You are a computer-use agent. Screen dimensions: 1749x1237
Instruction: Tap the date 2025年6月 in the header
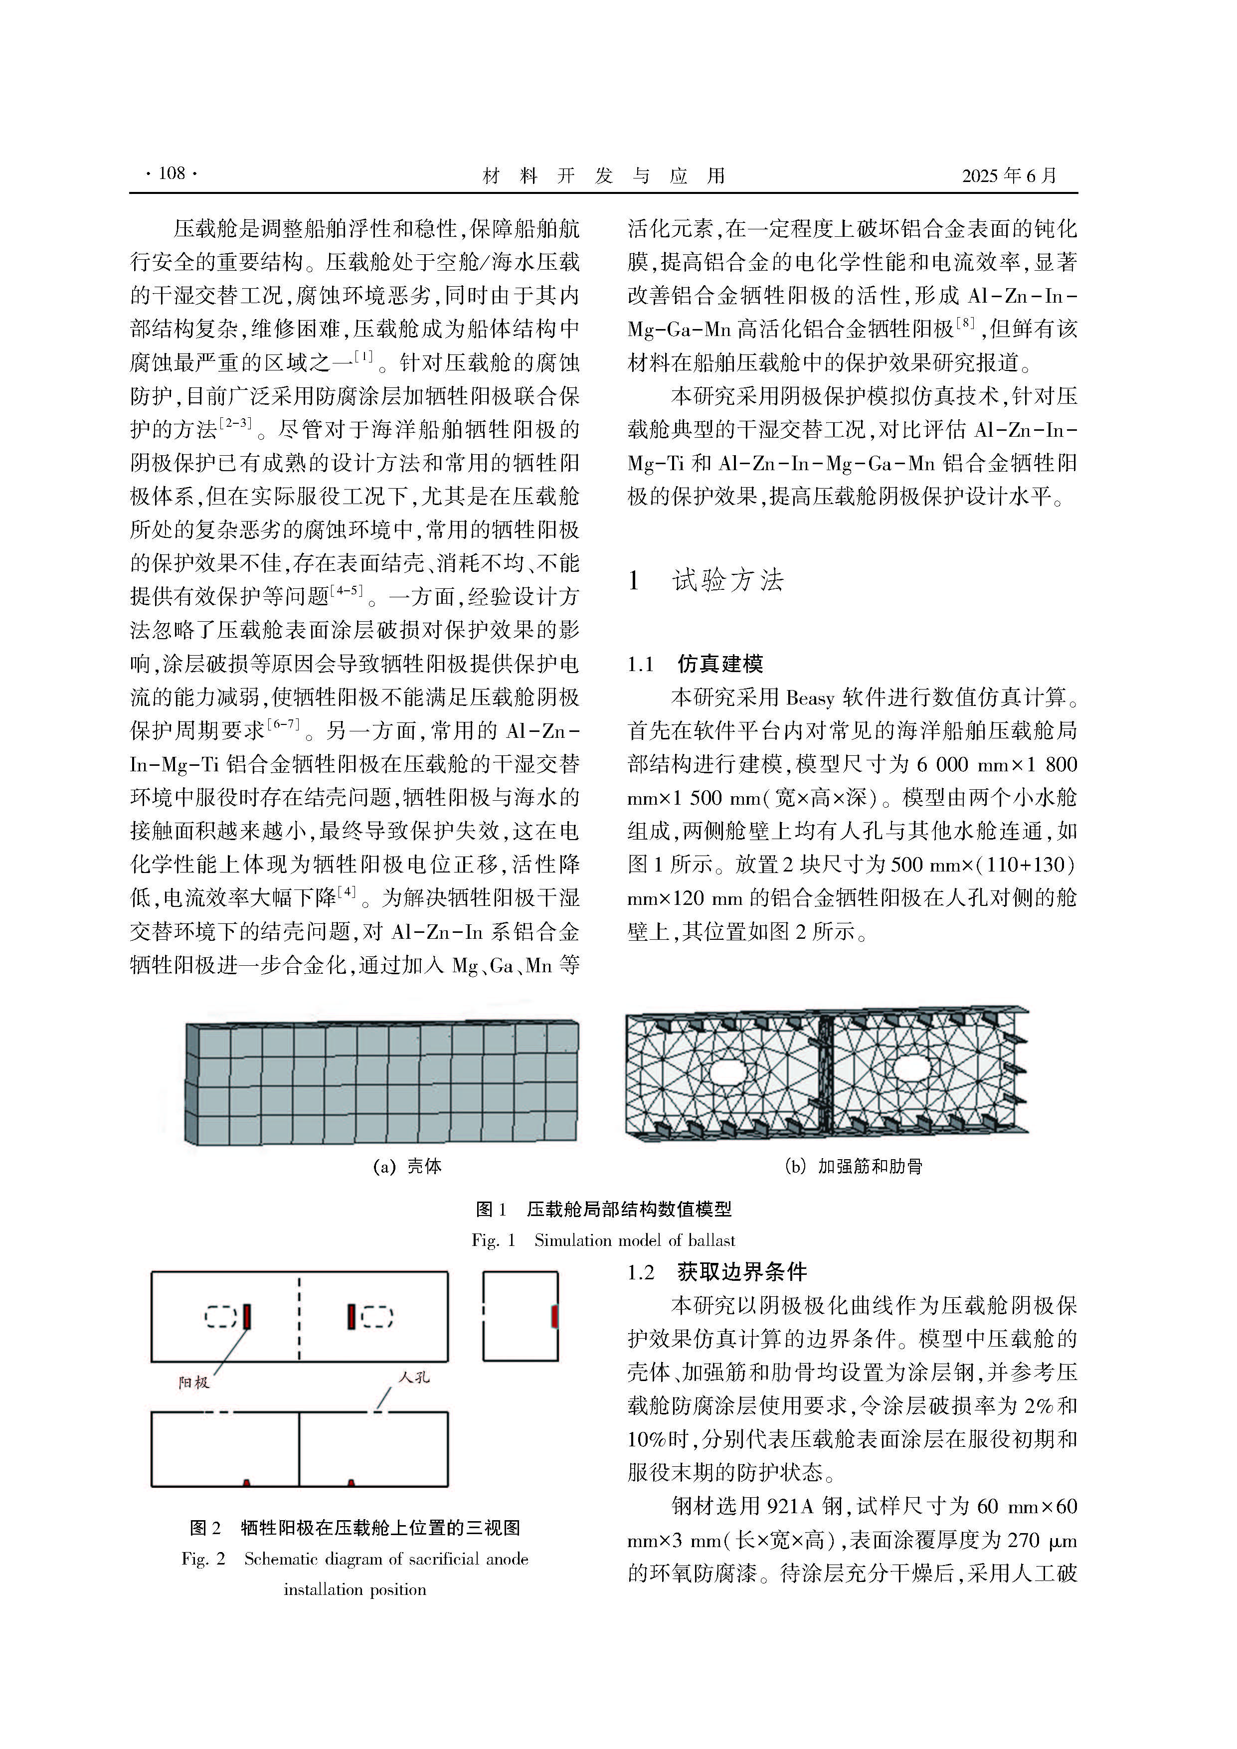pyautogui.click(x=1009, y=176)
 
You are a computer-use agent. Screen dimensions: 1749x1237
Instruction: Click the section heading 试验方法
pyautogui.click(x=727, y=580)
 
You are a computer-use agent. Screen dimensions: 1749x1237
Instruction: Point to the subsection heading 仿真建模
pyautogui.click(x=720, y=664)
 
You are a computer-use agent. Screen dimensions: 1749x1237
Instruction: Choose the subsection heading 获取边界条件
pyautogui.click(x=741, y=1271)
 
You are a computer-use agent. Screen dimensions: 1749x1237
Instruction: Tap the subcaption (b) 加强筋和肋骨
pyautogui.click(x=853, y=1166)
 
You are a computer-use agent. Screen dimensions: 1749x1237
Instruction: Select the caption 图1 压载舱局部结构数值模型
pyautogui.click(x=603, y=1209)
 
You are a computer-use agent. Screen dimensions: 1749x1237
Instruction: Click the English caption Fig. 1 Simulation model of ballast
pyautogui.click(x=603, y=1240)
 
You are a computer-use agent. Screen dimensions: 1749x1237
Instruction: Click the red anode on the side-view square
pyautogui.click(x=554, y=1316)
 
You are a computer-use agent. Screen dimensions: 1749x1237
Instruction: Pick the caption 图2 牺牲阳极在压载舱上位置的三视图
pyautogui.click(x=355, y=1527)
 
